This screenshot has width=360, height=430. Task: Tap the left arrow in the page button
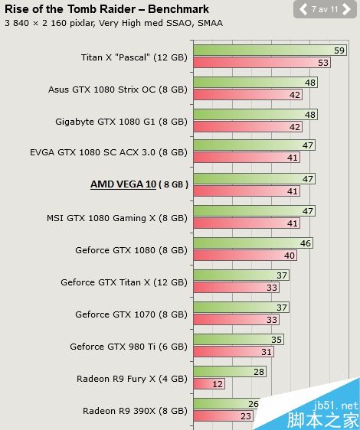[303, 10]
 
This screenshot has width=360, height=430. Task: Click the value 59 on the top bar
[339, 50]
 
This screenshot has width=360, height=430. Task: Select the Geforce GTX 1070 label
[131, 314]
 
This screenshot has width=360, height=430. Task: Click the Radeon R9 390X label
[135, 411]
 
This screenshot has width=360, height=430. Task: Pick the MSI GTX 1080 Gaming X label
[116, 218]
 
